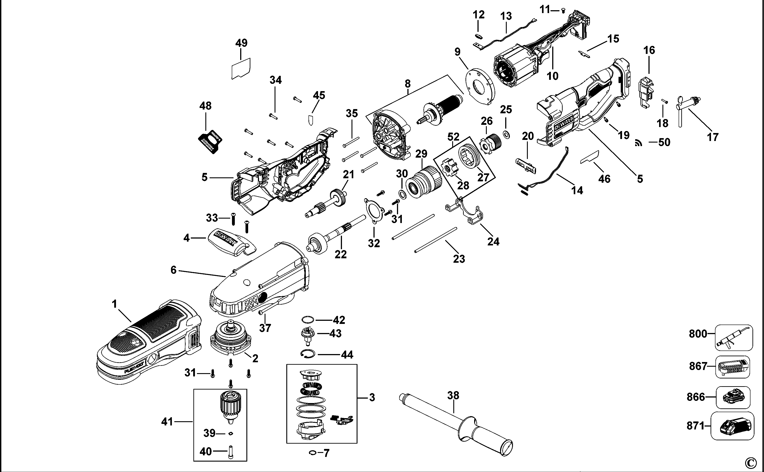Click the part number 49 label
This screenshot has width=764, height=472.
[241, 43]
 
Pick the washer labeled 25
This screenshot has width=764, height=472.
[506, 135]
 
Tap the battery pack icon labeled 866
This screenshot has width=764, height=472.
[733, 397]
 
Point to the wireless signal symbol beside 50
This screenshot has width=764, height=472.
[638, 143]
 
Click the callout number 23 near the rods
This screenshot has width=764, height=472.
[459, 259]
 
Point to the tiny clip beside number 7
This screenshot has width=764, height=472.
[312, 453]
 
